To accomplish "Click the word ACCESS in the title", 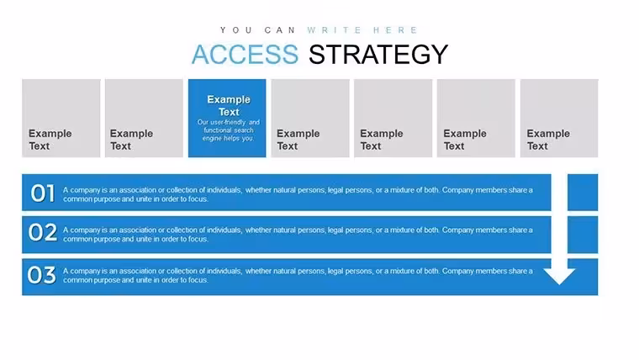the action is click(x=245, y=54).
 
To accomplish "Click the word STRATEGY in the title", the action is click(x=378, y=54).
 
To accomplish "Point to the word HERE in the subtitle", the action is click(x=395, y=30).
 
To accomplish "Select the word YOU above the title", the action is click(x=236, y=30).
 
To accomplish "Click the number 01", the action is click(x=42, y=193).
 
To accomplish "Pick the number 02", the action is click(x=42, y=232).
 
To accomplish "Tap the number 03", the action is click(x=41, y=275).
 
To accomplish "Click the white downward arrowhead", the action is click(x=559, y=276).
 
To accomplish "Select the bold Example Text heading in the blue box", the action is click(x=229, y=106).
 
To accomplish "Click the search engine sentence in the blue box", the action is click(x=228, y=130).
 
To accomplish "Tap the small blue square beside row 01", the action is click(x=583, y=193).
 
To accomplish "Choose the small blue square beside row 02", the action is click(x=583, y=235).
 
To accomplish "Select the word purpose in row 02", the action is click(x=107, y=239).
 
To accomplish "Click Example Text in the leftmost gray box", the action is click(x=50, y=140).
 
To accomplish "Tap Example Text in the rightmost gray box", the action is click(x=548, y=140).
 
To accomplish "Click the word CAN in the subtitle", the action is click(x=280, y=30).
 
